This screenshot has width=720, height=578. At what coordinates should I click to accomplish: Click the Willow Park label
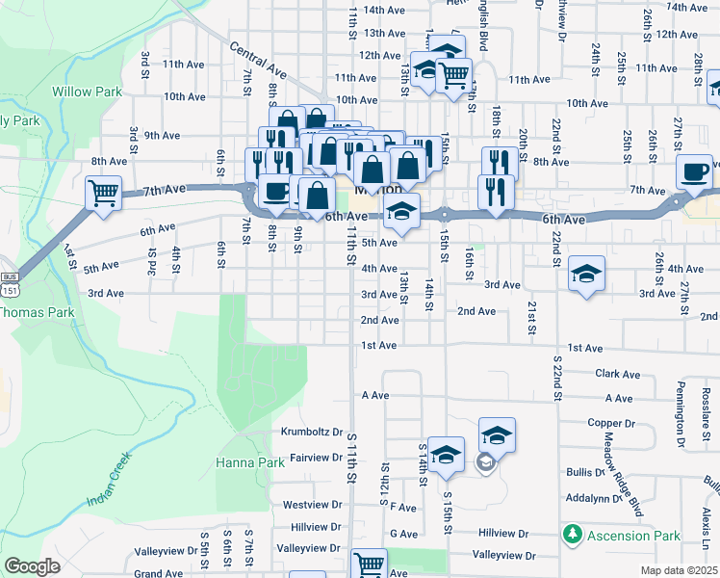86,92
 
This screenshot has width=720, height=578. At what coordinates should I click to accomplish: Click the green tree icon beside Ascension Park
573,533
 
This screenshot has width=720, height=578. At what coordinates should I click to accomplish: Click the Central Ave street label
258,58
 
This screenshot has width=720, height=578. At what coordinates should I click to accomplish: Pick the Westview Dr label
313,504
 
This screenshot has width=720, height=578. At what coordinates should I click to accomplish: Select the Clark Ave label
617,374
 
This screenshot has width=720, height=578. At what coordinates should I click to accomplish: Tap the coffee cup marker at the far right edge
694,172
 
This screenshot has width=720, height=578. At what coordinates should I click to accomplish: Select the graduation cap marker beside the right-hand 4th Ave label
585,274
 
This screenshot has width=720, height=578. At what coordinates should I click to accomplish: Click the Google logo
31,566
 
